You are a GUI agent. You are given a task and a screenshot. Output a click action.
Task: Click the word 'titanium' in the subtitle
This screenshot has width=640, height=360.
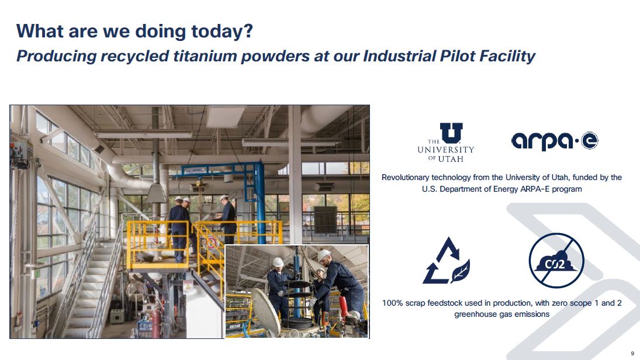coord(205,56)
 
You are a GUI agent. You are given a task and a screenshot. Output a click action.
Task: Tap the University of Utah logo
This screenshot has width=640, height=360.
coord(446,143)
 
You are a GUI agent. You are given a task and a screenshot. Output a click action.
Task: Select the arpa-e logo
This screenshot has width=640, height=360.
coord(555,141)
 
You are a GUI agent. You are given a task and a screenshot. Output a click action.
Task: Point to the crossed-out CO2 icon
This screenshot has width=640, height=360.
coord(556,261)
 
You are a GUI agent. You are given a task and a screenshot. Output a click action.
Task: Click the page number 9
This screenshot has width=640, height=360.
coord(632,354)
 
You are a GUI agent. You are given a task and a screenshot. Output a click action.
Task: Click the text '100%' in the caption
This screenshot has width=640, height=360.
coord(392,303)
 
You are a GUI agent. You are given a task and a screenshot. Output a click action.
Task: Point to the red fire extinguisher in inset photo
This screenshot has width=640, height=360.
coord(344,307)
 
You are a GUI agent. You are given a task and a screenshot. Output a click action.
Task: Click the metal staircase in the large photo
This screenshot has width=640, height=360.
coord(88,286)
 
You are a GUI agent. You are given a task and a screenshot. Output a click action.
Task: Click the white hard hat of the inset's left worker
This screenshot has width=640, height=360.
coord(278,262)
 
